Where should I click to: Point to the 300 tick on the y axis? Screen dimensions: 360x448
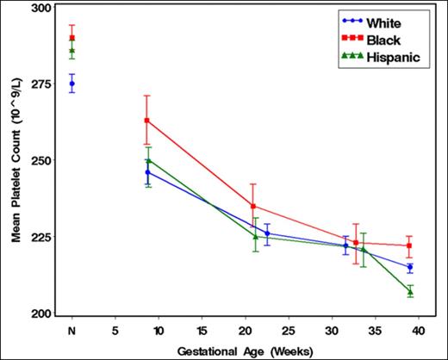coord(41,7)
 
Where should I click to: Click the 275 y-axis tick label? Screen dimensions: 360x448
coord(41,84)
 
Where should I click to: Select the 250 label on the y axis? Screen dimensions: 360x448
coord(41,160)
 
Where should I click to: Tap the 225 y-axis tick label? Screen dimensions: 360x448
coord(41,238)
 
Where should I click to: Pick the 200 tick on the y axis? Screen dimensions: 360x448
coord(41,314)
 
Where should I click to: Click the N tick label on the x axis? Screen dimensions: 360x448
coord(72,329)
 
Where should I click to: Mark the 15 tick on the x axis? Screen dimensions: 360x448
coord(202,329)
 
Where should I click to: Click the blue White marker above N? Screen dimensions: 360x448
coord(72,84)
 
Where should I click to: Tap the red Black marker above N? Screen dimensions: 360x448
coord(72,38)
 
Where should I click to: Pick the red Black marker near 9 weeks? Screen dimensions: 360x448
coord(147,121)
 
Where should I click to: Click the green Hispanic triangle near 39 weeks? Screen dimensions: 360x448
coord(410,292)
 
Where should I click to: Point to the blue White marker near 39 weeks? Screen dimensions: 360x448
coord(410,268)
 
